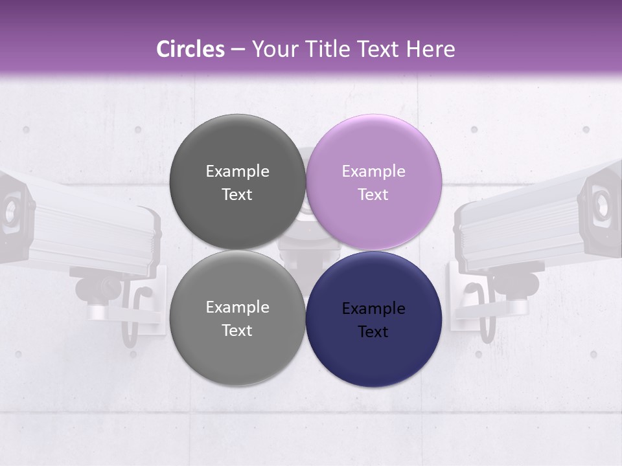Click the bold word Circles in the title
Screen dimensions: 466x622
coord(190,49)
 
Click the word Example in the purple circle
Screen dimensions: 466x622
coord(373,172)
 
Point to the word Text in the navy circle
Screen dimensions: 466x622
coord(373,332)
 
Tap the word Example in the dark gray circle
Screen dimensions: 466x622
coord(237,172)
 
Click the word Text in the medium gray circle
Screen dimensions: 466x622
coord(237,331)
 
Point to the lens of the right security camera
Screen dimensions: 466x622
coord(602,205)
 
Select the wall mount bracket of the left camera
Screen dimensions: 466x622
coord(139,307)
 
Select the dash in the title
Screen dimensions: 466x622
coord(238,49)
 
